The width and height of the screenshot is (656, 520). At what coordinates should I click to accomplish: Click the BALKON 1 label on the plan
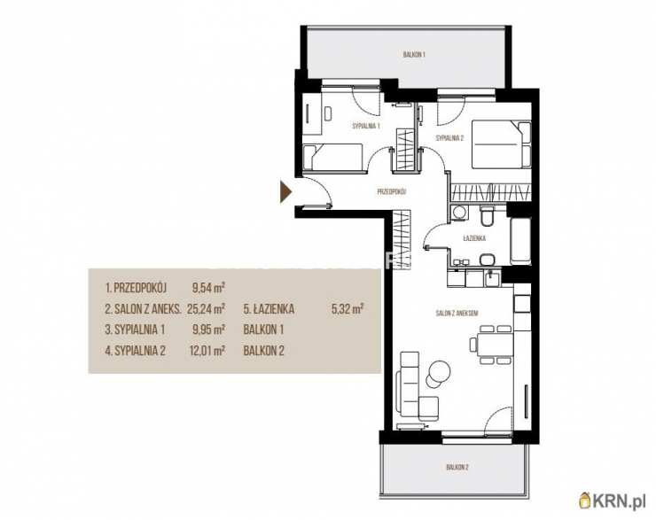[414, 54]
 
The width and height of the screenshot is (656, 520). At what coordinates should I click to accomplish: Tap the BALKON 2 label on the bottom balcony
[457, 467]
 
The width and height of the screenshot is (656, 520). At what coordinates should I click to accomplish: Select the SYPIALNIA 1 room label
[366, 126]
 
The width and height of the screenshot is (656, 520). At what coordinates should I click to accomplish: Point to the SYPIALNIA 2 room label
[449, 138]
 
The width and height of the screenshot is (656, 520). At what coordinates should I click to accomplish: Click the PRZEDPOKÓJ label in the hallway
[392, 192]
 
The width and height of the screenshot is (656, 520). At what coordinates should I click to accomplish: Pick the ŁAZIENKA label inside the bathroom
[474, 238]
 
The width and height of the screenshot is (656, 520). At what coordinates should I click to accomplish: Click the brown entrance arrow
[285, 191]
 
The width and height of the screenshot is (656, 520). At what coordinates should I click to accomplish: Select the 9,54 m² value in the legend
[208, 288]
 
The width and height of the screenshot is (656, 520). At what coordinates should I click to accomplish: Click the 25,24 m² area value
[207, 309]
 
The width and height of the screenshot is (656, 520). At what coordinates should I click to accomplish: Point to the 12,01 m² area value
[207, 350]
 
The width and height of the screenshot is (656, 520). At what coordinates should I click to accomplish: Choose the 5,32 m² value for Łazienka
[348, 309]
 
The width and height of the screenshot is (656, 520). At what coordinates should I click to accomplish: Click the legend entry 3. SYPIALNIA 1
[135, 330]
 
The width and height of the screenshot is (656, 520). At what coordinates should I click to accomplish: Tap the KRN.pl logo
[612, 501]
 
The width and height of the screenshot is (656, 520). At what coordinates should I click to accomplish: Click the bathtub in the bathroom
[520, 240]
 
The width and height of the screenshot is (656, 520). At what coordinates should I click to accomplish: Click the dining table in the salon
[495, 345]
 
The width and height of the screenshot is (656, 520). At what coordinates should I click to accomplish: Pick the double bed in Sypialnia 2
[501, 144]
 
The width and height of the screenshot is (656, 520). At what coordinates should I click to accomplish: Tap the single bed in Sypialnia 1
[332, 157]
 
